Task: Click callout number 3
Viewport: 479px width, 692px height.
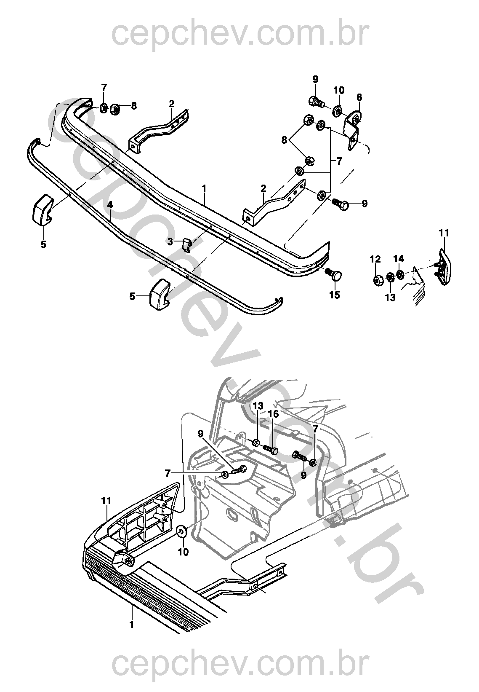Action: coord(170,241)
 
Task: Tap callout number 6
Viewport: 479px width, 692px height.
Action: coord(359,97)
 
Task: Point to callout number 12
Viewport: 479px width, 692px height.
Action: coord(375,258)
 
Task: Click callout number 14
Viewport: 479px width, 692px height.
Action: coord(399,258)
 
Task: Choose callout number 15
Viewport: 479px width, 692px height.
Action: coord(334,295)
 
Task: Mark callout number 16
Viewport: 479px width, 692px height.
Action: coord(273,414)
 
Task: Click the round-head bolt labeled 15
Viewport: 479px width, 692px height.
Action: coord(335,276)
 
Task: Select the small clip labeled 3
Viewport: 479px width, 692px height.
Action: coord(187,244)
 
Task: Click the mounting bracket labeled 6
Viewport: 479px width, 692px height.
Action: coord(354,131)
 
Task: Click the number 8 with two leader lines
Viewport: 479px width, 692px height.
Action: coord(285,139)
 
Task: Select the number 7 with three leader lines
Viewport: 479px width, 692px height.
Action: coord(339,161)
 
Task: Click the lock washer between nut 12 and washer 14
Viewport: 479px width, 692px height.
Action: coord(390,277)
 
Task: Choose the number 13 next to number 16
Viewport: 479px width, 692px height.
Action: coord(258,406)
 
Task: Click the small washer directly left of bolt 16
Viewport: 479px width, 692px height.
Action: coord(255,443)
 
